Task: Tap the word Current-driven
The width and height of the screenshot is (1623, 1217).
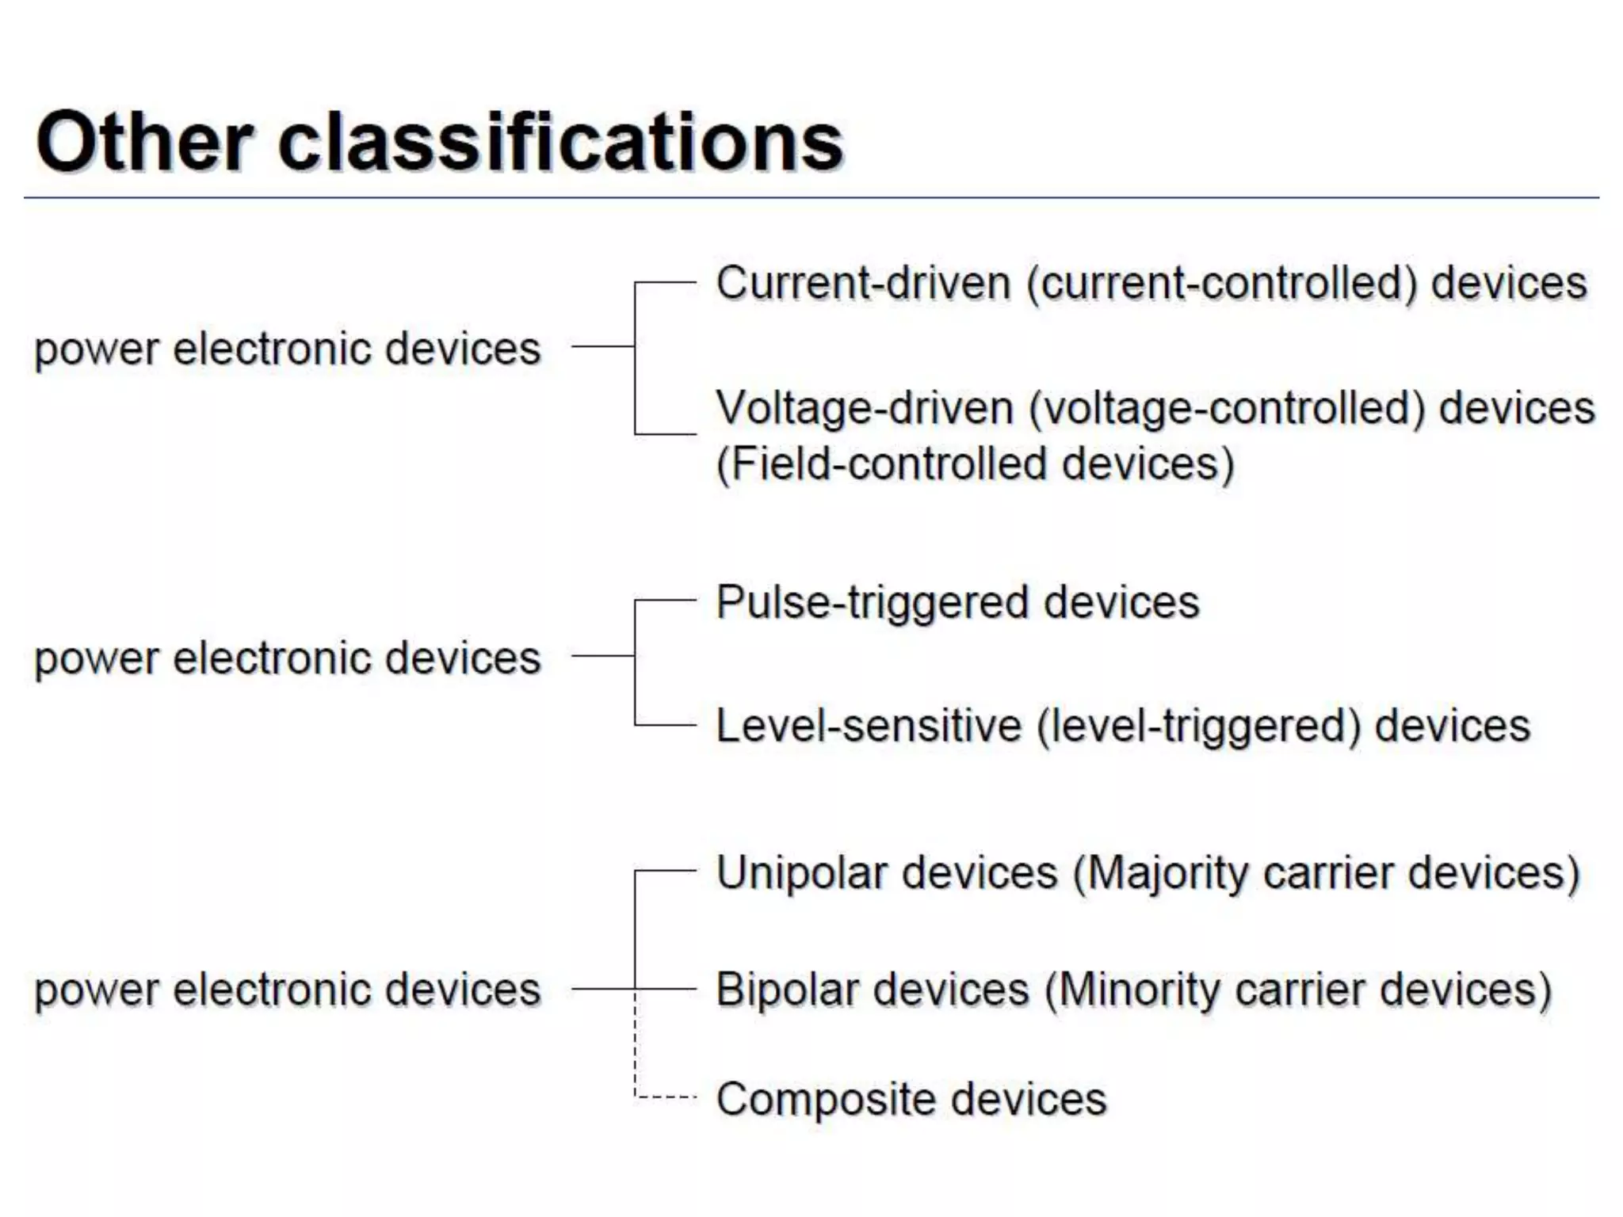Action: click(863, 284)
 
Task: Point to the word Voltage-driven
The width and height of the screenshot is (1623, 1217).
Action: click(865, 409)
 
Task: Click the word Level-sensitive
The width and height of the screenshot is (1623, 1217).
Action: click(869, 726)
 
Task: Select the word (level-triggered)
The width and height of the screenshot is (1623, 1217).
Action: click(1197, 726)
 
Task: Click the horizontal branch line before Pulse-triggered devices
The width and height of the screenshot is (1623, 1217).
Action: click(666, 601)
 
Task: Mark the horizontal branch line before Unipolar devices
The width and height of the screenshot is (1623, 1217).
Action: click(666, 872)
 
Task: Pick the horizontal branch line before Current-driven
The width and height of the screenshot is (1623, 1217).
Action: click(666, 282)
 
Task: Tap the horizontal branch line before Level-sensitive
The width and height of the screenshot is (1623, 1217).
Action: click(666, 724)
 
